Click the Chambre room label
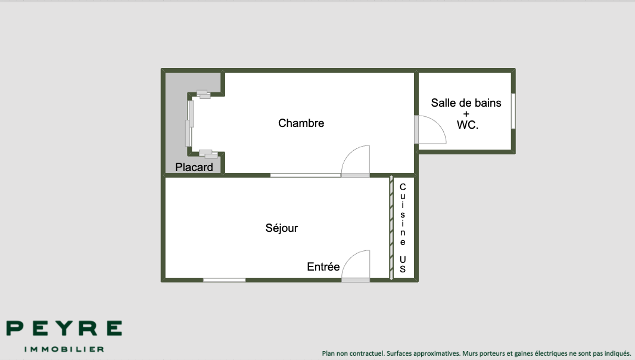click(301, 123)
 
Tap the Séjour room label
click(281, 228)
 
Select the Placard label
click(194, 167)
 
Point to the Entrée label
click(323, 267)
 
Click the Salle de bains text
click(466, 103)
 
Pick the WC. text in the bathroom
click(468, 125)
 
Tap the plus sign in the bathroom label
click(466, 114)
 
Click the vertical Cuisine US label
click(403, 228)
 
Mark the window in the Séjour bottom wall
click(225, 280)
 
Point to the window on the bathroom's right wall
click(513, 111)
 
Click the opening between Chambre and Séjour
click(306, 175)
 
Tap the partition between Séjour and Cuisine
click(391, 228)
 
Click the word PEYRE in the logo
click(64, 328)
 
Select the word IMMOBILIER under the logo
click(64, 349)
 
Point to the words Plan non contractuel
click(353, 353)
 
